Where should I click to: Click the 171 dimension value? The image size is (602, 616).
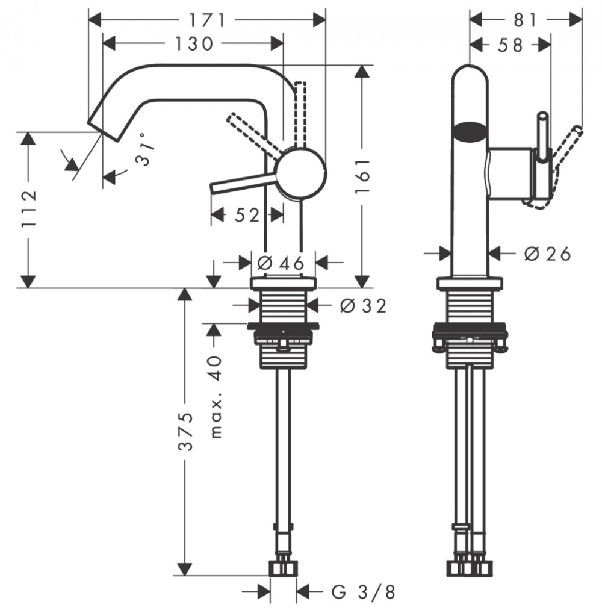(x=207, y=20)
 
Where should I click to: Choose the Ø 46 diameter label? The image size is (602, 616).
(x=278, y=263)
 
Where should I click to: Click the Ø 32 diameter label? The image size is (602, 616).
(x=362, y=306)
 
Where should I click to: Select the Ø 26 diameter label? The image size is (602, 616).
(x=547, y=254)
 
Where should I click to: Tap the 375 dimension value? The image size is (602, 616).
(x=187, y=431)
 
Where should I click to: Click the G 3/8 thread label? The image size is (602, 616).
(x=364, y=592)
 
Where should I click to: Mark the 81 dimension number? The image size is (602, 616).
(x=526, y=20)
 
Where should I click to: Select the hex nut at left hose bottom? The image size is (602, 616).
(x=283, y=568)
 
